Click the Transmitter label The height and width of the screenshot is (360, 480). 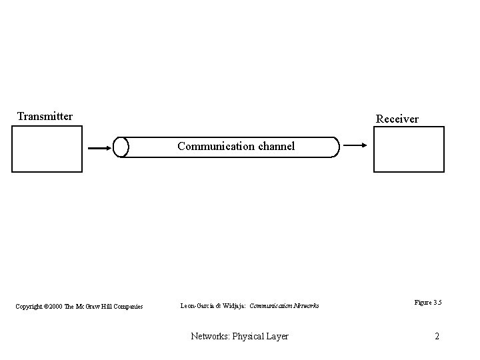tap(45, 117)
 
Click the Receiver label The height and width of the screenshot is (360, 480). tap(397, 119)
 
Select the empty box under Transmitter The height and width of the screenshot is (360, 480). tap(47, 149)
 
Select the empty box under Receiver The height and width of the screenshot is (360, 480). tap(409, 149)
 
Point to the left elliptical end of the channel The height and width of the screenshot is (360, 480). tap(121, 147)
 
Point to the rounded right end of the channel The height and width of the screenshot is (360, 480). tap(335, 147)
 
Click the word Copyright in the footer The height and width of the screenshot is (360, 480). tap(29, 306)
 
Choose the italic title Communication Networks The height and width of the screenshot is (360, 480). tap(284, 306)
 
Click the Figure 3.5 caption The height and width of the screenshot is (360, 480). tap(427, 303)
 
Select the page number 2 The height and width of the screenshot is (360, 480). tap(437, 336)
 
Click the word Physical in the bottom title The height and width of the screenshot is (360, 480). tap(251, 336)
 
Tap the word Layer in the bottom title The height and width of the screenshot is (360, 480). tap(277, 336)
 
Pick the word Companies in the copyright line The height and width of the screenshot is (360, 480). tap(128, 306)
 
